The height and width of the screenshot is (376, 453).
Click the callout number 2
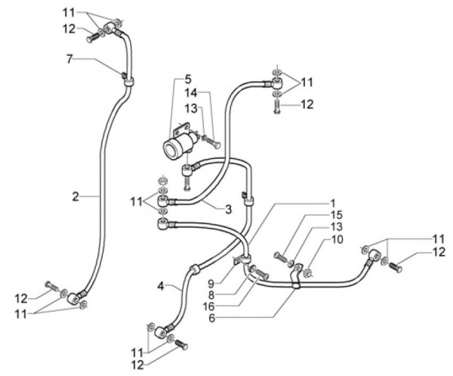click(x=75, y=197)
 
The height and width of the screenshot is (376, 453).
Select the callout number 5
click(x=188, y=79)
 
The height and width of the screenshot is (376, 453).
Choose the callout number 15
click(x=334, y=215)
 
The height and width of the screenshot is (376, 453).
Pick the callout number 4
click(x=161, y=285)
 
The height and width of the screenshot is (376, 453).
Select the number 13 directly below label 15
click(x=334, y=227)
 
